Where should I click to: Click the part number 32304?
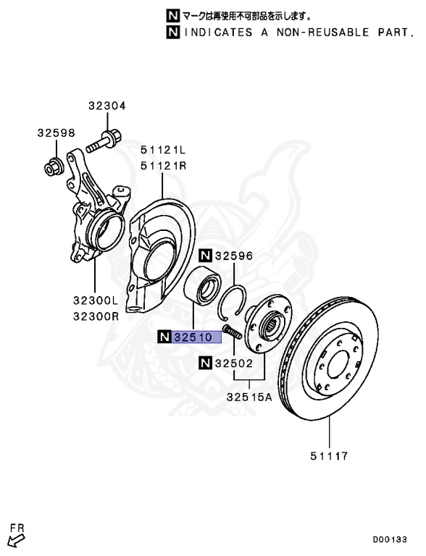pyautogui.click(x=106, y=106)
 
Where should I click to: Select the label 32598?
pyautogui.click(x=57, y=133)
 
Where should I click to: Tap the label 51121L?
pyautogui.click(x=163, y=150)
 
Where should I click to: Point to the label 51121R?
pyautogui.click(x=163, y=166)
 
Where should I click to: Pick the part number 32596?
pyautogui.click(x=234, y=256)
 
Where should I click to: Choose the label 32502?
pyautogui.click(x=234, y=363)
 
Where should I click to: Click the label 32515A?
pyautogui.click(x=249, y=397)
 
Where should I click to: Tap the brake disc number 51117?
pyautogui.click(x=329, y=455)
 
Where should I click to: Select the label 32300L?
pyautogui.click(x=96, y=300)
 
